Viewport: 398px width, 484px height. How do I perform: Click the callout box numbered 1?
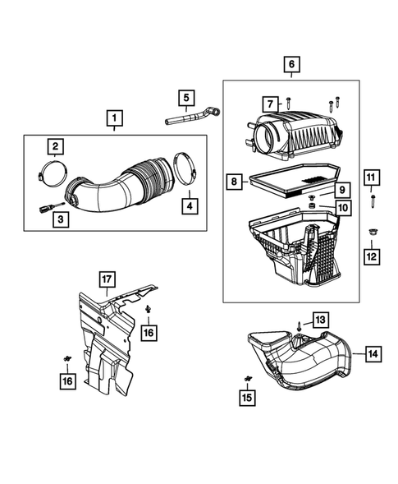[114, 119]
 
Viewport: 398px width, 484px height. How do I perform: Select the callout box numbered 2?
[55, 148]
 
